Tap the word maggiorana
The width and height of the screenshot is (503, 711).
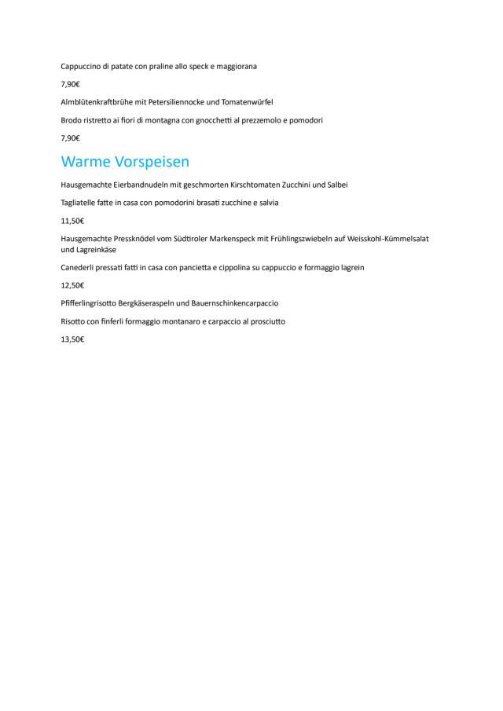(x=237, y=66)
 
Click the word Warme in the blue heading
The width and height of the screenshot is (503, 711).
(x=86, y=162)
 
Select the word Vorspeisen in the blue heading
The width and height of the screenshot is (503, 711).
(x=152, y=162)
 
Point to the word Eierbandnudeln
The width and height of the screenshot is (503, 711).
(x=141, y=185)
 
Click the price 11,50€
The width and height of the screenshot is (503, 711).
(x=72, y=221)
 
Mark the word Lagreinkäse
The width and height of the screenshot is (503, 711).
(x=95, y=250)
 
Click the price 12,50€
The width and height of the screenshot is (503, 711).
(x=72, y=285)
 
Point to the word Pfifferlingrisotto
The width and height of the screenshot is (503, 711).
(x=88, y=303)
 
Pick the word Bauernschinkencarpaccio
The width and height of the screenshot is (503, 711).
(x=235, y=303)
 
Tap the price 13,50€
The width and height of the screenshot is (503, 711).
(x=72, y=339)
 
